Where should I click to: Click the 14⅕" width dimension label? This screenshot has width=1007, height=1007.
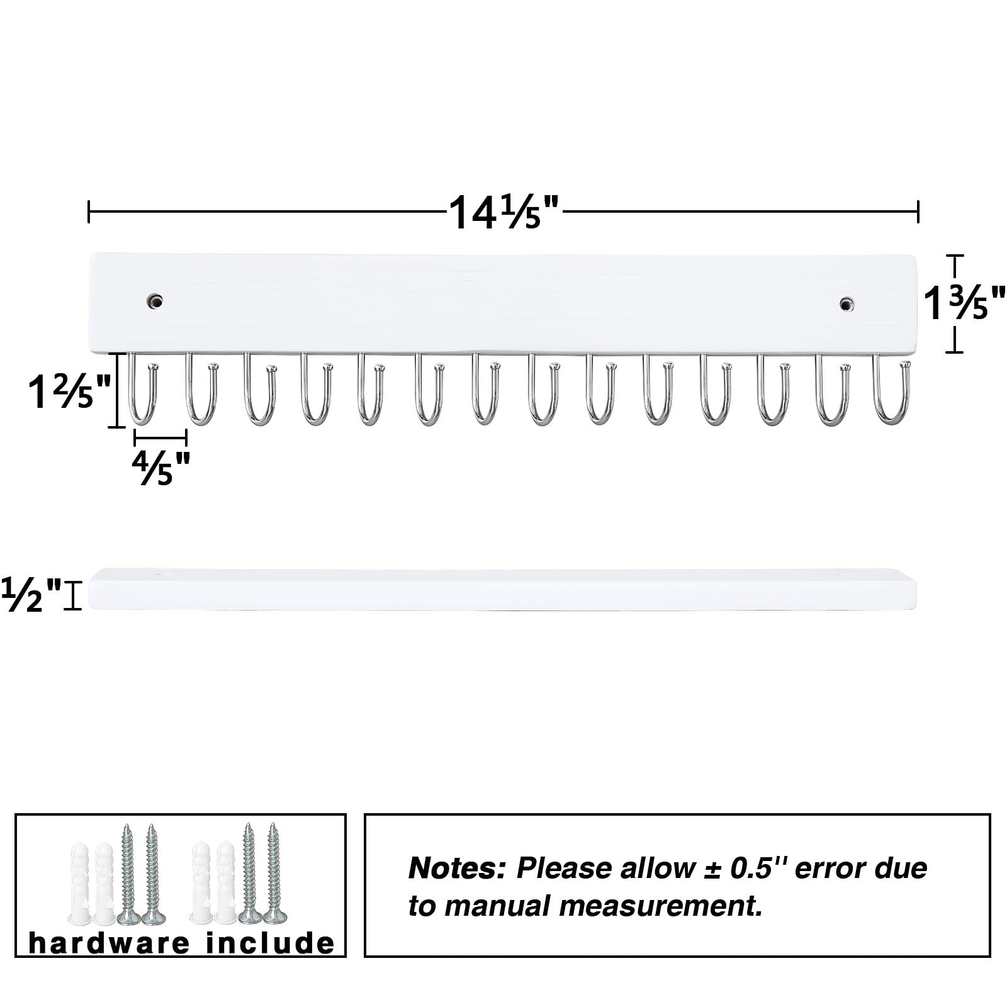tap(503, 212)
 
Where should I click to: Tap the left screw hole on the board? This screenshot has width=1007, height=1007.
tap(155, 301)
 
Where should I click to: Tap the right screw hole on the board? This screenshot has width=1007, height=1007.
tap(848, 304)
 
